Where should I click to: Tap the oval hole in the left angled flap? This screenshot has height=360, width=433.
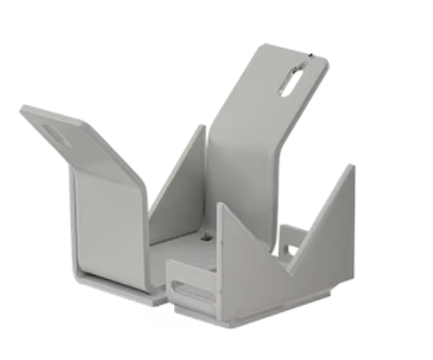pos(57,134)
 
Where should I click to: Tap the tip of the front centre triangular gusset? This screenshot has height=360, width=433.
pos(219,204)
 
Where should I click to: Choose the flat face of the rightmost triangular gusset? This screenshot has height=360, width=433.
pos(326,231)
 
